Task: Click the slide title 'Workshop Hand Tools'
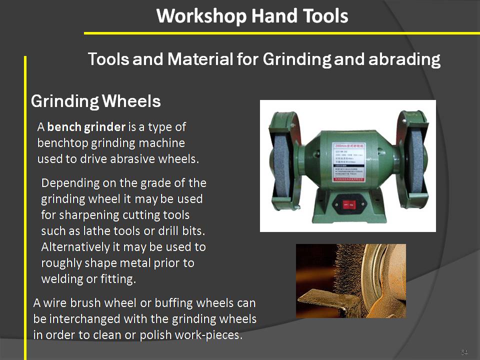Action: tap(252, 16)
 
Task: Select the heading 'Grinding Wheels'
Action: tap(95, 101)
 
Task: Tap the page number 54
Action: tap(464, 352)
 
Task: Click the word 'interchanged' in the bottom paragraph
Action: tap(83, 319)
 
